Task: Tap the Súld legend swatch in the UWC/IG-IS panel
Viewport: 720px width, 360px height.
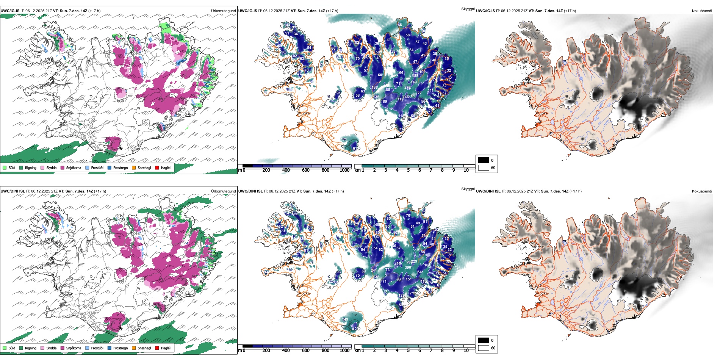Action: coord(5,168)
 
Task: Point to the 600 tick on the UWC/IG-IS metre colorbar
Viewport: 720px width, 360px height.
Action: coord(306,170)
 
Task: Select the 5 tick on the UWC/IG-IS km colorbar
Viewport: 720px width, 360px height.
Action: coord(408,170)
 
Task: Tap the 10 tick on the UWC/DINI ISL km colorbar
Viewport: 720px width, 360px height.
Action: coord(466,351)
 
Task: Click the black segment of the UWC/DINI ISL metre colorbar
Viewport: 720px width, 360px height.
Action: coord(247,346)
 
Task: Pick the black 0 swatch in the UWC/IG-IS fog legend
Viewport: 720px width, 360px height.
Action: coord(484,160)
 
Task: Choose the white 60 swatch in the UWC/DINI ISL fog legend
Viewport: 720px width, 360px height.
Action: coord(484,348)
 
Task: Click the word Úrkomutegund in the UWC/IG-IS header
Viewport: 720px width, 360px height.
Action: coord(223,11)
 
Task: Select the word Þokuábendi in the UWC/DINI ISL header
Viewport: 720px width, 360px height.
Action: coord(702,191)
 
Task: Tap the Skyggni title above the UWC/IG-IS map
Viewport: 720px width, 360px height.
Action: coord(468,9)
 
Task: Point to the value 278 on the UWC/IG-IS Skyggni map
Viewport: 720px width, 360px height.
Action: coord(407,88)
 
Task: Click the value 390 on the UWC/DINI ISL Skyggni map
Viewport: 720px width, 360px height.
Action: coord(408,268)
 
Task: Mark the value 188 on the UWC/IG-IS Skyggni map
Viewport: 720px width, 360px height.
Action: coord(415,76)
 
